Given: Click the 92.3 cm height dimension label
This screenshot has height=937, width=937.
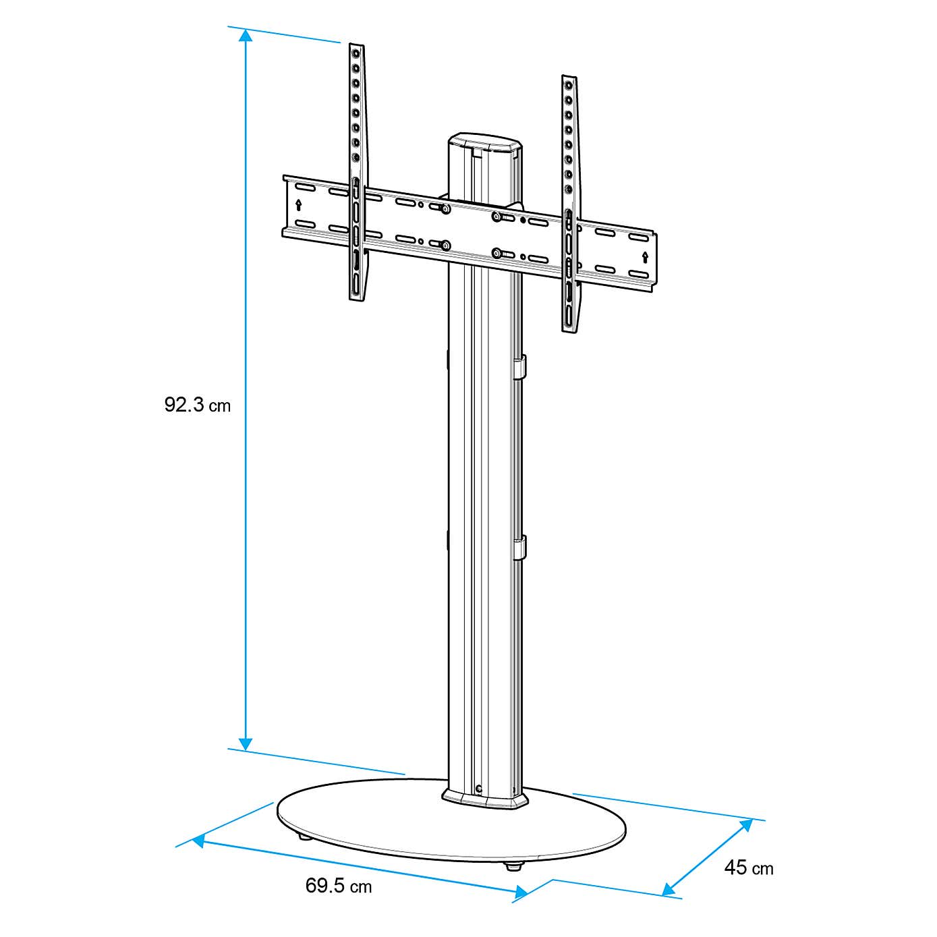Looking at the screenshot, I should [x=197, y=405].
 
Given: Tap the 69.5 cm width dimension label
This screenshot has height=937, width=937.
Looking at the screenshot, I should [x=338, y=885].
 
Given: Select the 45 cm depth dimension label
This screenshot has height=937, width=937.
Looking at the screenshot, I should [x=748, y=868].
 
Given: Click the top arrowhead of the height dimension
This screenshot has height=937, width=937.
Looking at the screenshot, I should [x=246, y=36].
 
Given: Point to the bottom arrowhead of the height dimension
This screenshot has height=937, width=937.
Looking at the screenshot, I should [x=246, y=743].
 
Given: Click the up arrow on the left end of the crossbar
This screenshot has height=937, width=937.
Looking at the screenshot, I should [x=299, y=204].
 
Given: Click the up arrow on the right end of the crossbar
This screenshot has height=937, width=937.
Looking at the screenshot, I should [x=645, y=257].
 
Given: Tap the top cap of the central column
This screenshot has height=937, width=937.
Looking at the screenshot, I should [x=484, y=144].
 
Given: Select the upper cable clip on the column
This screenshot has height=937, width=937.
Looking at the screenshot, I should [x=519, y=367].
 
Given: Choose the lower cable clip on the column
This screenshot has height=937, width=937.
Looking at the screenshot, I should [x=519, y=548].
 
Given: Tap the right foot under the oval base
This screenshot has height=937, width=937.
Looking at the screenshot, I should [x=514, y=866].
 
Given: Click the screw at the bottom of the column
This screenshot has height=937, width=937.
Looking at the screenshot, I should [x=479, y=788].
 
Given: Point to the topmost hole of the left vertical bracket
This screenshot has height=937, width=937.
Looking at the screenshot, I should [x=355, y=52].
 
